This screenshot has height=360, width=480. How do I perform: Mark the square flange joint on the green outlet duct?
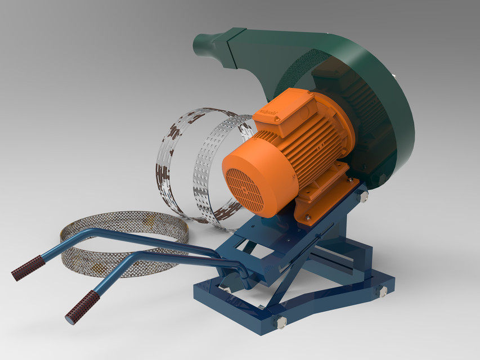231,48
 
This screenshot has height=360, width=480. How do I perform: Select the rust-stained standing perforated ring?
174,157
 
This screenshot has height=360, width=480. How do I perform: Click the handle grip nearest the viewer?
82,307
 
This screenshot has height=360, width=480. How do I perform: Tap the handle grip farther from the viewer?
28,268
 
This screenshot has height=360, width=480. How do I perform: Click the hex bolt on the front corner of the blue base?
280,321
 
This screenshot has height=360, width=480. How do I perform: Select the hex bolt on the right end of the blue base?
383,291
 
